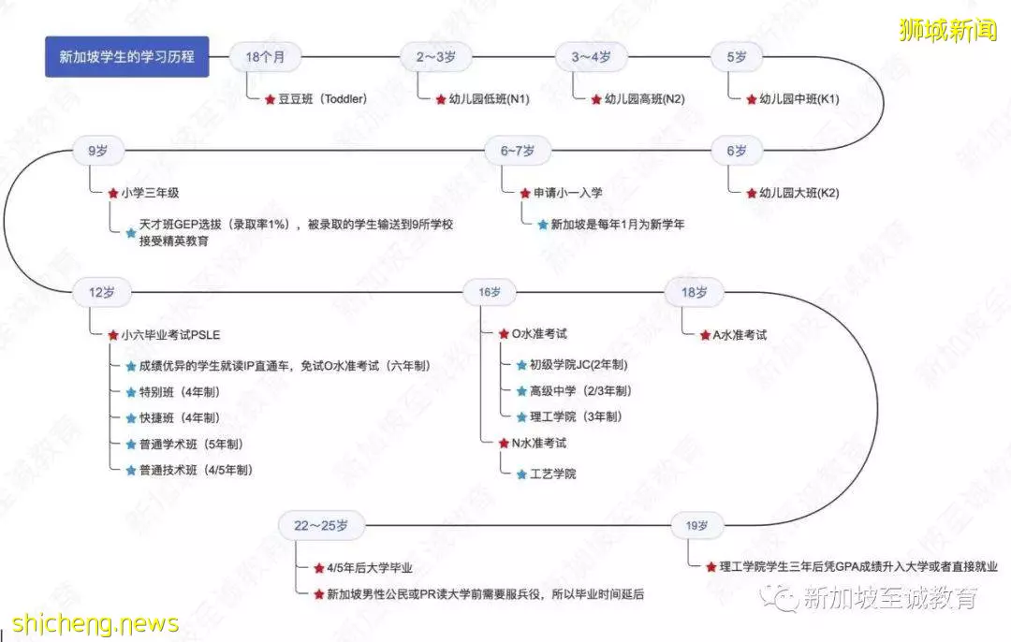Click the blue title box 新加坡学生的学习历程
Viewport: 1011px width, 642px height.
point(127,57)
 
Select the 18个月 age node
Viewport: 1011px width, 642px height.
point(265,57)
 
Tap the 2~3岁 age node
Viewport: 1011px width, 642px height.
point(436,57)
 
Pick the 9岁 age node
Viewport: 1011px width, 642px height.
point(98,150)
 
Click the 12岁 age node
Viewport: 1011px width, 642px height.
point(102,292)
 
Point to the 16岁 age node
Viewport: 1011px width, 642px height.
point(490,292)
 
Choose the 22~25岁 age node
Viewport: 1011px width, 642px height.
point(321,525)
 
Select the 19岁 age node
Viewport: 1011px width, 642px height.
point(696,525)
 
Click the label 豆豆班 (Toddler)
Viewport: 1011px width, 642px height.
point(322,98)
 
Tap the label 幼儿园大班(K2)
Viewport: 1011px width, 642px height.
point(799,193)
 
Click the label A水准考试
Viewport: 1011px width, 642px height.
point(740,334)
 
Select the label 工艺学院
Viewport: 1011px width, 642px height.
point(552,474)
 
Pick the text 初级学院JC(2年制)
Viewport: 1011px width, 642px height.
point(579,365)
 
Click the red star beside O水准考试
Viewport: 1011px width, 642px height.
point(505,334)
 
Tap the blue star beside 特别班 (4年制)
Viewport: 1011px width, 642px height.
point(131,392)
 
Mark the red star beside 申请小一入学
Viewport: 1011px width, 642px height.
point(525,193)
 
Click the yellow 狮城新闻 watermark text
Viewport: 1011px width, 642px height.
point(947,30)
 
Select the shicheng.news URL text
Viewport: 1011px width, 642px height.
point(95,623)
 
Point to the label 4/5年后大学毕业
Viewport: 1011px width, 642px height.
point(370,568)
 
